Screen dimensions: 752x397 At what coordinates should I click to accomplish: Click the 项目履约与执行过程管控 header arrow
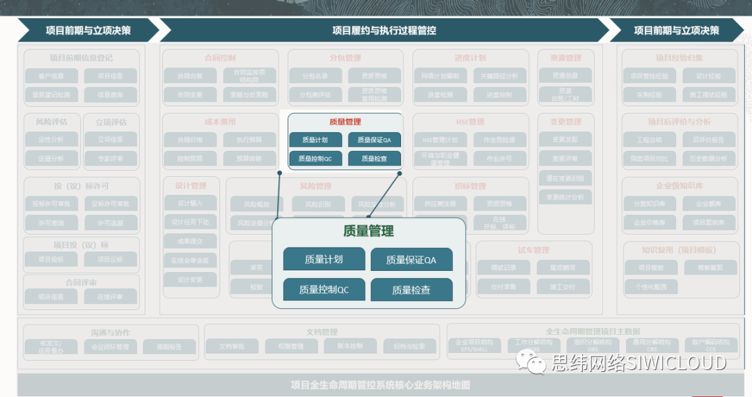click(384, 30)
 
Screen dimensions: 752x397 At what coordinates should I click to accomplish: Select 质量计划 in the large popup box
click(323, 260)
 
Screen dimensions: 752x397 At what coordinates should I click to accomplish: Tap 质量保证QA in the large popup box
click(411, 260)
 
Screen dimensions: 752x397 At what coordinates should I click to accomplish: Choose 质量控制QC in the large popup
click(323, 290)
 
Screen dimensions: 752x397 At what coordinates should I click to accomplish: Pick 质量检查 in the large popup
click(411, 290)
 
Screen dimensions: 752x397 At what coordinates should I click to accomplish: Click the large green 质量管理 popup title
click(368, 231)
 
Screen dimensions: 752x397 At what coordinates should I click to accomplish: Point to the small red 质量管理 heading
click(345, 122)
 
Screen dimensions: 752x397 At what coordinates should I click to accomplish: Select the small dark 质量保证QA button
click(375, 140)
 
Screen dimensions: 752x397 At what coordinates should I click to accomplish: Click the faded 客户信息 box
click(52, 76)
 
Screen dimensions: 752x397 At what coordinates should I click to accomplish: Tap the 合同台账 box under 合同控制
click(189, 76)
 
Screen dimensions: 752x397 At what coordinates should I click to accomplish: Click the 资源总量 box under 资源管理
click(565, 76)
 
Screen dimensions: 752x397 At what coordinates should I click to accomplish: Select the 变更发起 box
click(565, 139)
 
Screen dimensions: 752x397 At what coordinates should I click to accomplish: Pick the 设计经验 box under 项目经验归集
click(708, 76)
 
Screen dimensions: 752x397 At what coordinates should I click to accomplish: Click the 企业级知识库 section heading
click(679, 186)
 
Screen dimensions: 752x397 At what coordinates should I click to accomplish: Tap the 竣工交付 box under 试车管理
click(561, 286)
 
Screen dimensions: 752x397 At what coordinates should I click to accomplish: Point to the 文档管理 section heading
click(321, 332)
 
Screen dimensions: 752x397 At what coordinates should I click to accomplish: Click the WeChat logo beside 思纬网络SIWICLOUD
click(535, 362)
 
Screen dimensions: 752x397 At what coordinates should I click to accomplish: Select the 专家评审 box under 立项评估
click(110, 158)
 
